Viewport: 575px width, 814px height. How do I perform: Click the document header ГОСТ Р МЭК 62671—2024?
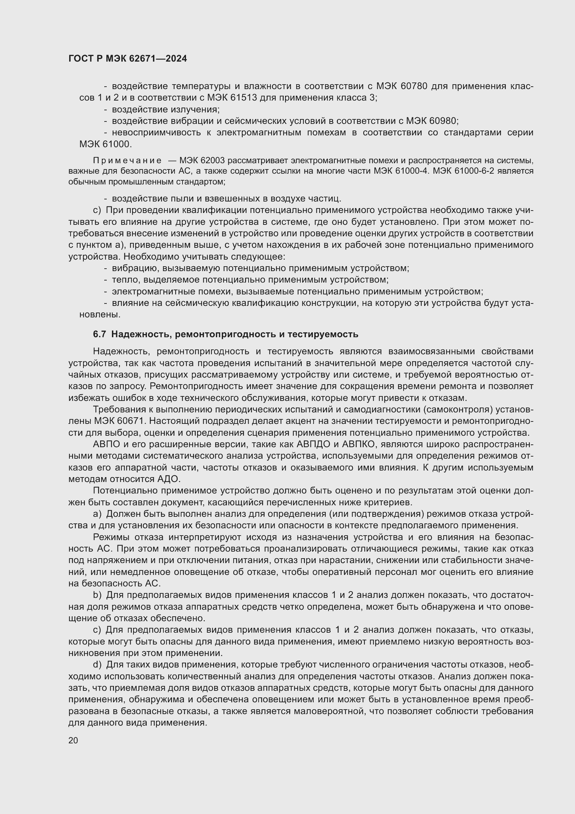[128, 59]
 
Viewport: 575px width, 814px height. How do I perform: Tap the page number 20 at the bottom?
[73, 740]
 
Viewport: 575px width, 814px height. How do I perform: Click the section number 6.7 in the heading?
[99, 334]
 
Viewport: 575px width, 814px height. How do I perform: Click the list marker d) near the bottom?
[97, 664]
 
